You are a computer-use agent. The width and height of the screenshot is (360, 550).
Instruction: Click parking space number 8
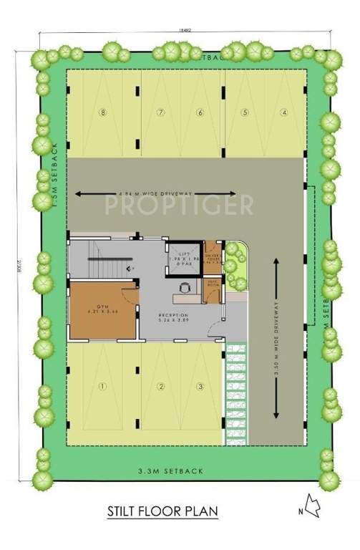tap(104, 112)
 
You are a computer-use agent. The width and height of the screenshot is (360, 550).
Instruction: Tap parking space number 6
tap(200, 112)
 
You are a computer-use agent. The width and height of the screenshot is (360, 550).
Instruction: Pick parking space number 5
tap(245, 112)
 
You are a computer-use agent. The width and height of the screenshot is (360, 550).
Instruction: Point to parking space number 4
tap(283, 112)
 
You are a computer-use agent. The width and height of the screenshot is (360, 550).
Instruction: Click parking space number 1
tap(102, 387)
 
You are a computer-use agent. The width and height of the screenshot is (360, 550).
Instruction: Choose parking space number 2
tap(161, 387)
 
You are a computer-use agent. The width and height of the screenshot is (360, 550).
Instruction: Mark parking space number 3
tap(200, 387)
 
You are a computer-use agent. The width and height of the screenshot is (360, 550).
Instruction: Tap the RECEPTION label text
tap(174, 315)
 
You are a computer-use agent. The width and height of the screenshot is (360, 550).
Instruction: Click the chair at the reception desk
tap(185, 286)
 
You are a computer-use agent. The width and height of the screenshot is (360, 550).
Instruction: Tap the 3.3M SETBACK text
tap(171, 471)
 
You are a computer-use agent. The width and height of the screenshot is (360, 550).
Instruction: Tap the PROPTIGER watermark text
tap(179, 206)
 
